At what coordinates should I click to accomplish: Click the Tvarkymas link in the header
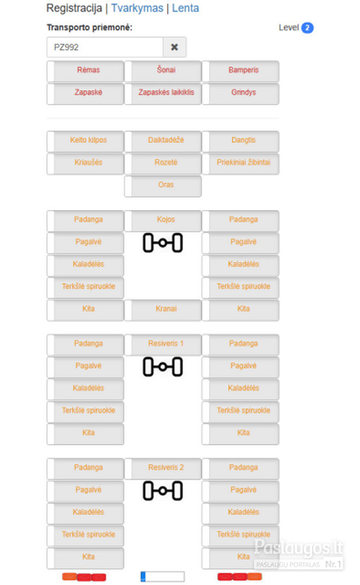(137, 8)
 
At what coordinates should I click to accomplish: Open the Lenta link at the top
(185, 8)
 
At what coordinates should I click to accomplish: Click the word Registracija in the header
(74, 8)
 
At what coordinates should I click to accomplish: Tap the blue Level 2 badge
(307, 27)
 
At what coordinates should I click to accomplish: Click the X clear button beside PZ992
(174, 47)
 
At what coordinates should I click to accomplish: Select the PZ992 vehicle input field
(105, 47)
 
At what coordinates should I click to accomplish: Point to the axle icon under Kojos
(162, 243)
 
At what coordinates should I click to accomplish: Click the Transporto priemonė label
(90, 27)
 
